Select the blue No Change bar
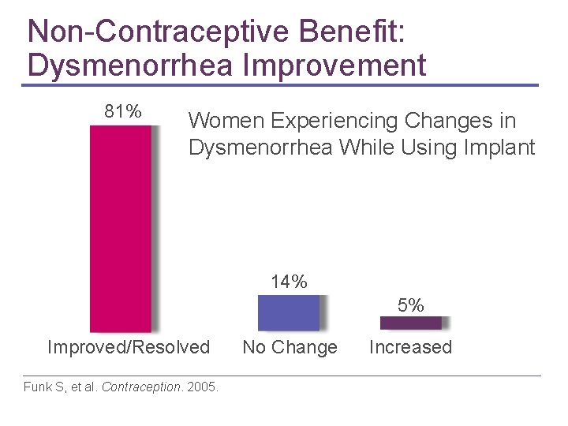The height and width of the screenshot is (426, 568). tap(289, 312)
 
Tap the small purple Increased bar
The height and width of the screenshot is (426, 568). tap(410, 322)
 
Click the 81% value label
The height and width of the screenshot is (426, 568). tap(123, 112)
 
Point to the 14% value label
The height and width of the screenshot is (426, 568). tap(289, 282)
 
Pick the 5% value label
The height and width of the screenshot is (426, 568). tap(410, 305)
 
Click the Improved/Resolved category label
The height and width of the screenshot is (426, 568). tap(129, 347)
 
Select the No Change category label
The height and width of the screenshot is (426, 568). tap(290, 347)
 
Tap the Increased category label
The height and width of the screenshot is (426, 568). tap(410, 347)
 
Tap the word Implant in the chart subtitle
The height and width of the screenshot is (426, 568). tap(502, 147)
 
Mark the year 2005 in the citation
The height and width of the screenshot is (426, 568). tap(202, 387)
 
